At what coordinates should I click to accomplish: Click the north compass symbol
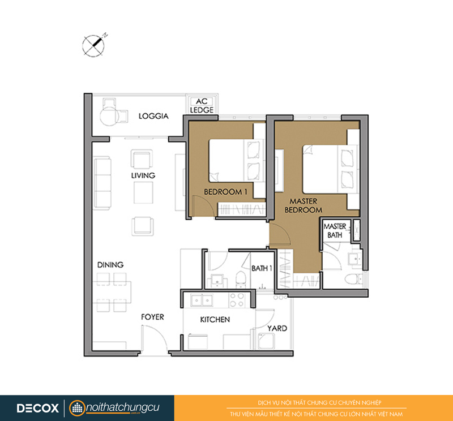coord(93,45)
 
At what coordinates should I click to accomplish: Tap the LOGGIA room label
coord(153,116)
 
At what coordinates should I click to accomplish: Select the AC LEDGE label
coord(202,106)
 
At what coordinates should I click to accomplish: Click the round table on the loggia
coord(109,117)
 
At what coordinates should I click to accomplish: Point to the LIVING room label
coord(143,175)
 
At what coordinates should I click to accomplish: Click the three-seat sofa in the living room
coord(102,182)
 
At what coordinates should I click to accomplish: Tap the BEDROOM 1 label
coord(225,192)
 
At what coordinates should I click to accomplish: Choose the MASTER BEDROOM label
coord(304,205)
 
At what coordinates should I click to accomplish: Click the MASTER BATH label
coord(335,231)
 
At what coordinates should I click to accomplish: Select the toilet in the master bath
coord(353,279)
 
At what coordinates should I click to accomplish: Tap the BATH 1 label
coord(262,269)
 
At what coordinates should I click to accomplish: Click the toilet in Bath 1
coord(240,279)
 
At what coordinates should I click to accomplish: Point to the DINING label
coord(110,265)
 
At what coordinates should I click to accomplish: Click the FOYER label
coord(152,317)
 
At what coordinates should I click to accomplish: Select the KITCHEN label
coord(215,320)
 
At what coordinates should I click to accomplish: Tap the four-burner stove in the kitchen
coord(237,299)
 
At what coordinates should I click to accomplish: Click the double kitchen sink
coord(202,300)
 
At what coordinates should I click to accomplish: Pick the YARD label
coord(277,328)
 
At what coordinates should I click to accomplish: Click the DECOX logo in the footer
coord(37,408)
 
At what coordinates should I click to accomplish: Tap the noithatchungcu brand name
coord(123,407)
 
